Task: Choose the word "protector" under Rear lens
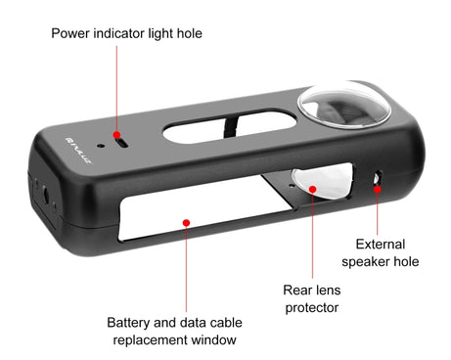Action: (311, 308)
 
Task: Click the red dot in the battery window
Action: (185, 221)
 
